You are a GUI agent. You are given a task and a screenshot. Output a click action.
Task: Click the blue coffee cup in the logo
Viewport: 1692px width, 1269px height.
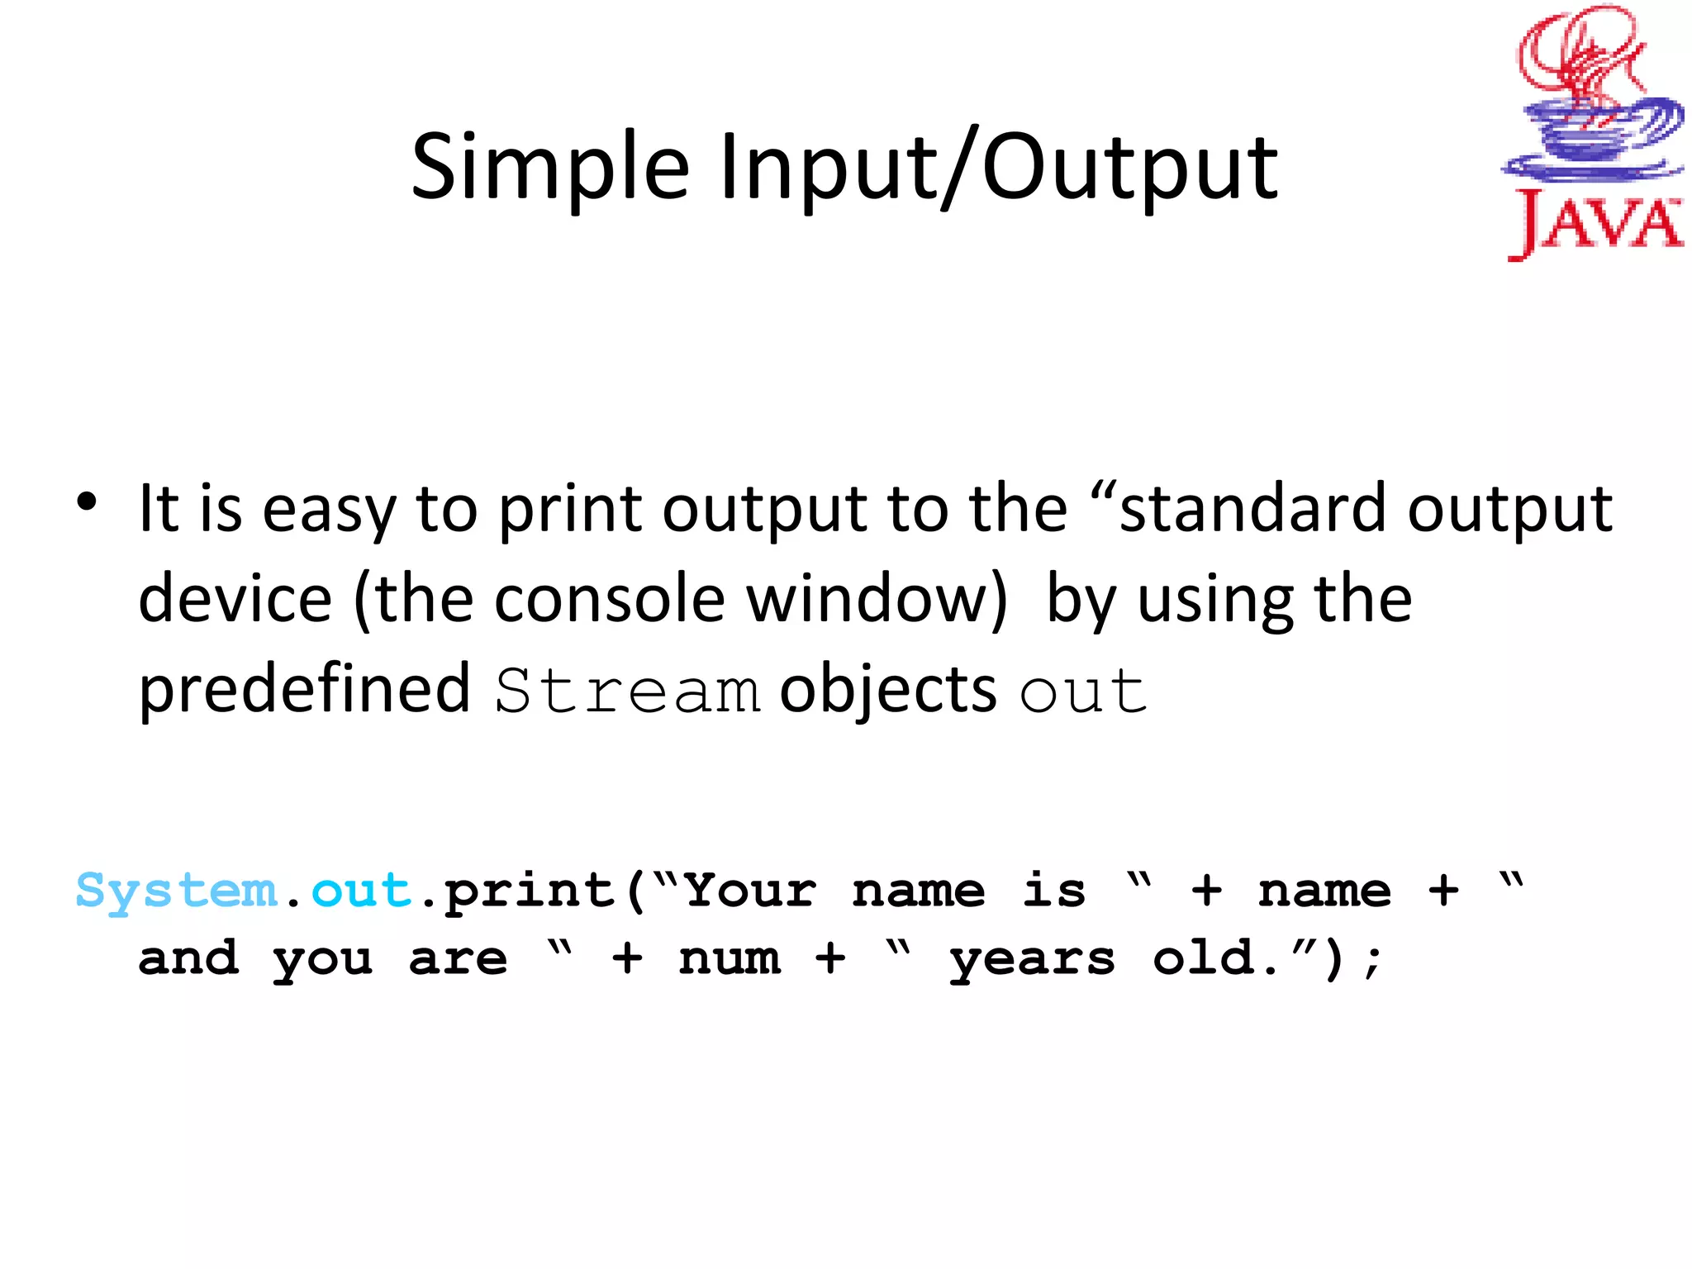click(1590, 136)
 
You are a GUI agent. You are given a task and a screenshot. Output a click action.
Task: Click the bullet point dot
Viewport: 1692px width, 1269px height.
click(87, 502)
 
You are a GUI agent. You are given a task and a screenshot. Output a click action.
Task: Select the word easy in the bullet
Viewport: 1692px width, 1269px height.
click(329, 511)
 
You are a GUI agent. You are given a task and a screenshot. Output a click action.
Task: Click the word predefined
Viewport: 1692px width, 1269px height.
click(304, 690)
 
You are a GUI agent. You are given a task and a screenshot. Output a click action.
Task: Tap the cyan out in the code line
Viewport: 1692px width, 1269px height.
click(361, 891)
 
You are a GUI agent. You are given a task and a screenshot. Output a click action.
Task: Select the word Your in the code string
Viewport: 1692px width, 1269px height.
click(750, 891)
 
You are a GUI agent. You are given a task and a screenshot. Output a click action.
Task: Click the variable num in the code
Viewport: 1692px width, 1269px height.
click(729, 958)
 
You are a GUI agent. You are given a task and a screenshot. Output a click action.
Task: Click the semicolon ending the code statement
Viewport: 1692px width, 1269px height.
click(1372, 960)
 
